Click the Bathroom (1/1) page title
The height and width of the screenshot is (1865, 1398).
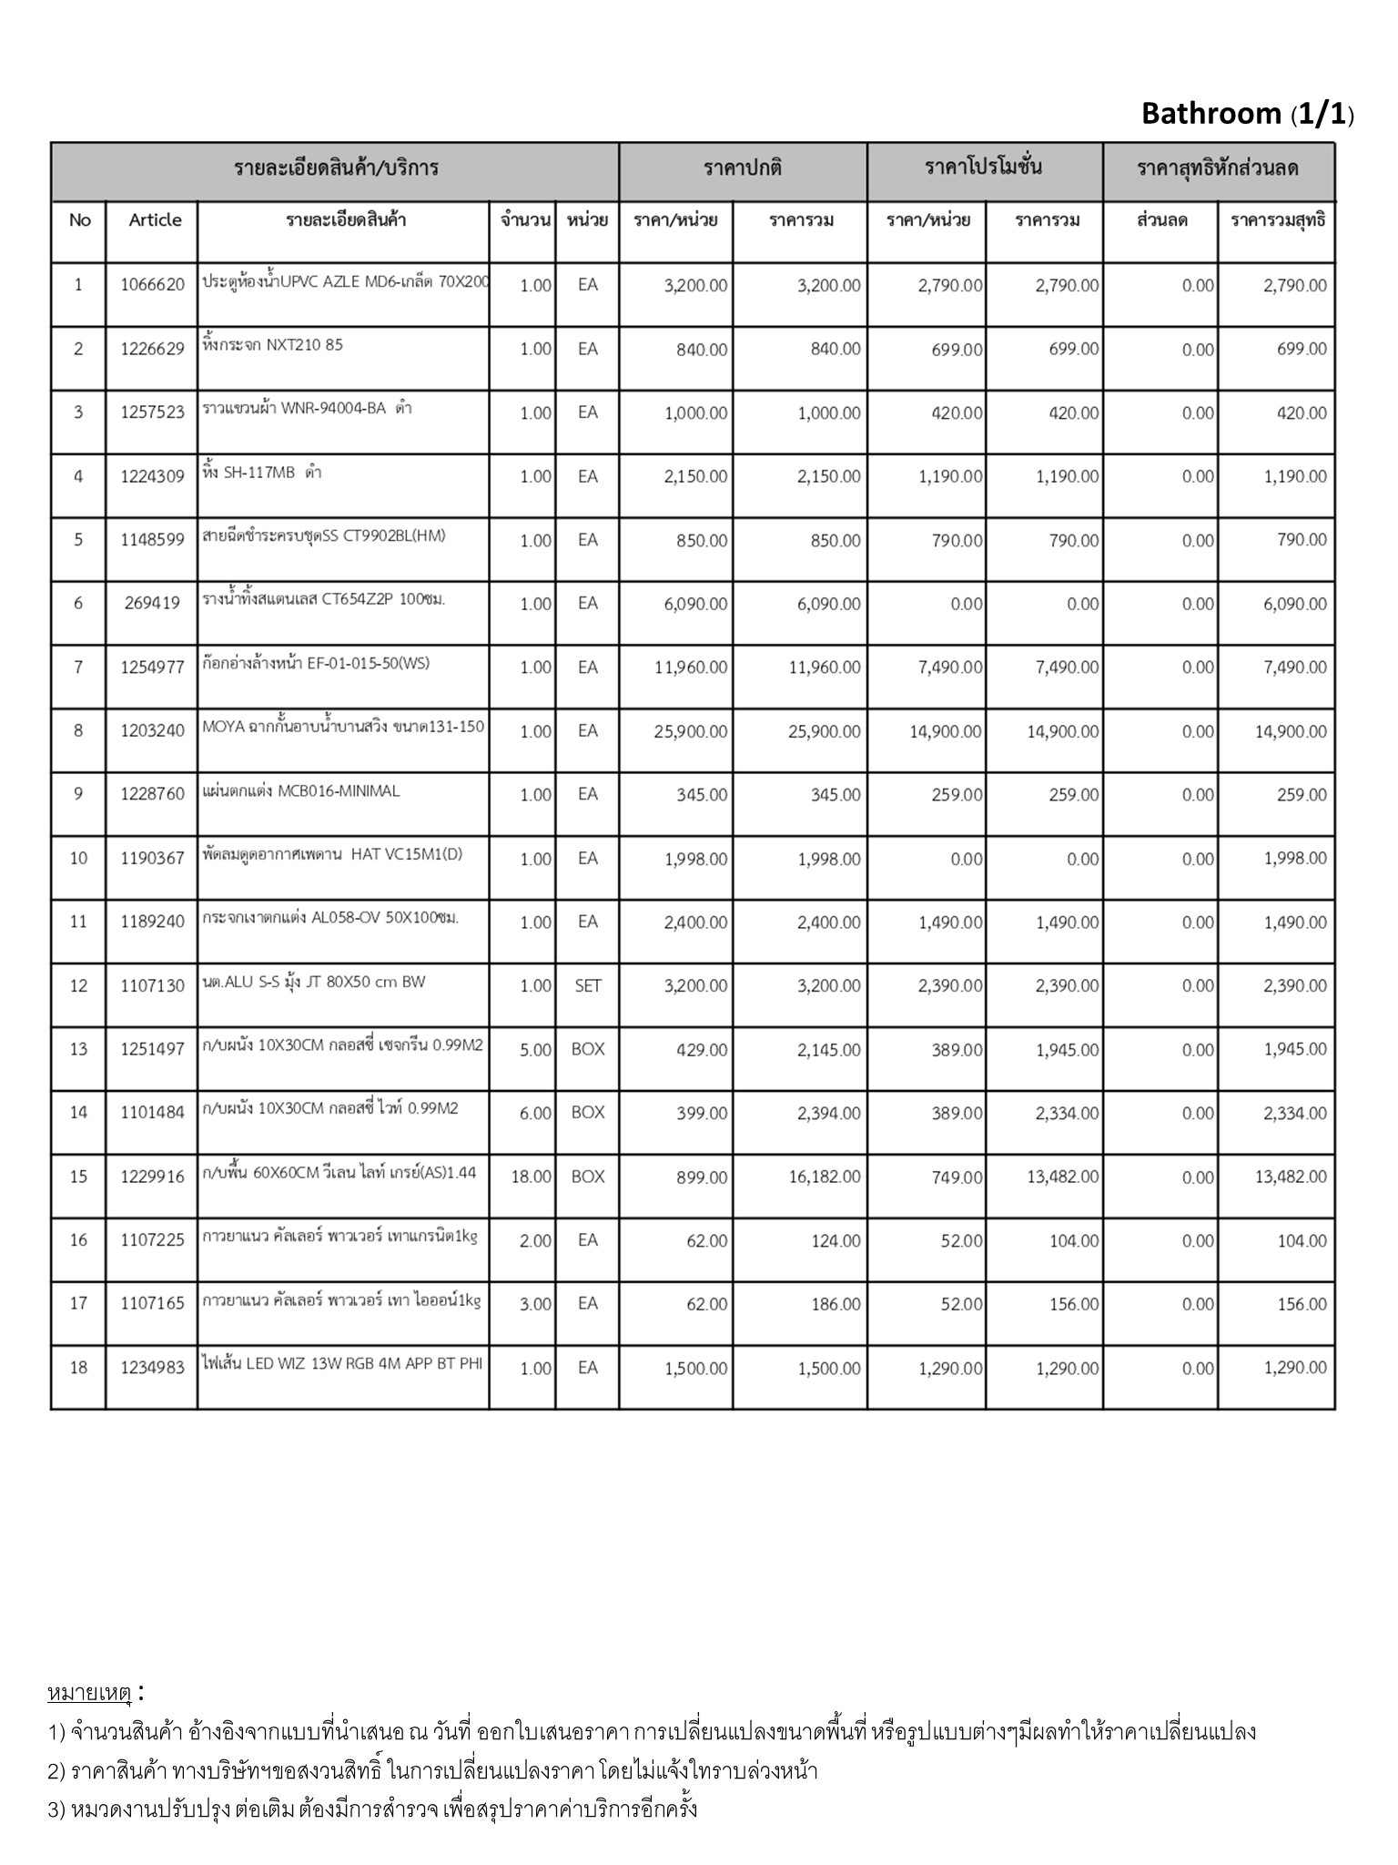1247,114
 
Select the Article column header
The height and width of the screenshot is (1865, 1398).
155,220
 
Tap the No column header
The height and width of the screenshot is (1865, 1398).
79,220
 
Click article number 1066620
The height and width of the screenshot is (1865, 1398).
152,285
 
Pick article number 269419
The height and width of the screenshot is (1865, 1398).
152,603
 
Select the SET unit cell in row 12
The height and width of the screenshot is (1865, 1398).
588,985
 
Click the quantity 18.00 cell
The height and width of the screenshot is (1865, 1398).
532,1177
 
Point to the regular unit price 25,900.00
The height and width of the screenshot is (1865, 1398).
690,731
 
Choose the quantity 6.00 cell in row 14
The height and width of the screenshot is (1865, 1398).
535,1113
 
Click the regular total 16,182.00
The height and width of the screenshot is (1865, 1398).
824,1177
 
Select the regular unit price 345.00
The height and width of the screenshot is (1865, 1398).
702,795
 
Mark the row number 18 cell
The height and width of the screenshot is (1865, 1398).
79,1368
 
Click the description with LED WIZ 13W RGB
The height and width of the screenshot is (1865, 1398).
342,1363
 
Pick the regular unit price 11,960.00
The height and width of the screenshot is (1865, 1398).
690,668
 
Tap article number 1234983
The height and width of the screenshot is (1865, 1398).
152,1368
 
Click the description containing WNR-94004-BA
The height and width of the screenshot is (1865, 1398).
307,408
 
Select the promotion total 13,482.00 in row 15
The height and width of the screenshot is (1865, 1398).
1062,1177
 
